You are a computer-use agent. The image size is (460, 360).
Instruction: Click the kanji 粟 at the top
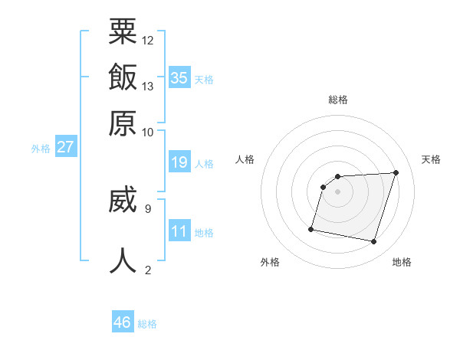tap(123, 32)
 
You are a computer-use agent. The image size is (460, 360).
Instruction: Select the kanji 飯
tap(123, 78)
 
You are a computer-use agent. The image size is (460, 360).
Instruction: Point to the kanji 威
tap(123, 199)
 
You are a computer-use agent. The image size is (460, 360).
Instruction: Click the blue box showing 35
tap(179, 77)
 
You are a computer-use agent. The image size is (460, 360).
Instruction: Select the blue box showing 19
tap(179, 162)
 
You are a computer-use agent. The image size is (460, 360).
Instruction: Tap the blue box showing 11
tap(179, 231)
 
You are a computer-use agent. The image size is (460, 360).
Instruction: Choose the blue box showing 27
tap(65, 147)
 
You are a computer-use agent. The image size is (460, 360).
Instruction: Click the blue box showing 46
tap(123, 322)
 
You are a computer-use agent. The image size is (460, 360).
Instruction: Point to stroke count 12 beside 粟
tap(148, 40)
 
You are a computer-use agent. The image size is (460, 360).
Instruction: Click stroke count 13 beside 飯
tap(148, 86)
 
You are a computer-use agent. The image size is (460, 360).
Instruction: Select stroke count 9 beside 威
tap(147, 207)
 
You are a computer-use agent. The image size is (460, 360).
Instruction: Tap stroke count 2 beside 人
tap(147, 269)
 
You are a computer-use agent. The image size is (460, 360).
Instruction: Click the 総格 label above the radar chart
tap(338, 100)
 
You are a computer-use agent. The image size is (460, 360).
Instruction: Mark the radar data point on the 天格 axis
tap(396, 172)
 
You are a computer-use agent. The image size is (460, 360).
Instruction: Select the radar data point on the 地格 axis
tap(374, 242)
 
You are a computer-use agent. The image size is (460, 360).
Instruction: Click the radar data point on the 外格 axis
tap(311, 228)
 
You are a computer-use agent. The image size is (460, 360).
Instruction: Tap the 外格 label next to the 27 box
tap(40, 149)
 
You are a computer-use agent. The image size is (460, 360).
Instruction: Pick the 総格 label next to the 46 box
tap(147, 324)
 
